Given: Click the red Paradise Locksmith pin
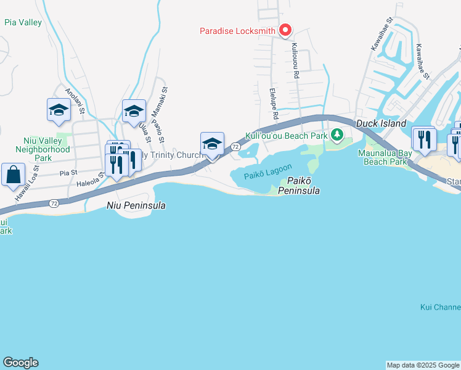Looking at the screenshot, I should pos(285,30).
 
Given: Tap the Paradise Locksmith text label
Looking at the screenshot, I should pos(238,30).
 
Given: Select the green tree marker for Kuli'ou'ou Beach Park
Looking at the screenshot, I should pos(337,134).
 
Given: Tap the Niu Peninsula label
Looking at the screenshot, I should pos(136,205).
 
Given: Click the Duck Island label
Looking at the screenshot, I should pos(380,123).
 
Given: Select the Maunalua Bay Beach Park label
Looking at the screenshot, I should pos(390,157).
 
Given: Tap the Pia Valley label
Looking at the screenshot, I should pos(23,23).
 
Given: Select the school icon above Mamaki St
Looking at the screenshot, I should pos(134,111).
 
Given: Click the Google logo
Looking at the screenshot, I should pos(20,363).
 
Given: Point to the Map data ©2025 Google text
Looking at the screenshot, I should pos(423,365).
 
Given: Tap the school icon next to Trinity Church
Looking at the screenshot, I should pos(212,144).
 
